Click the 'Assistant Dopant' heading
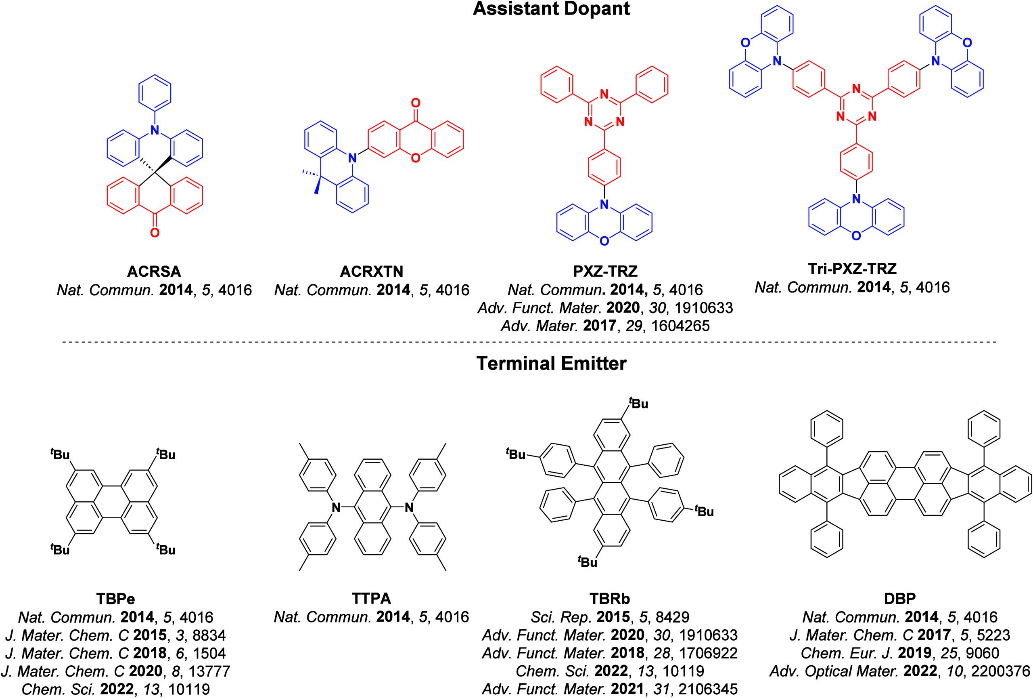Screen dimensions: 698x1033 click(x=551, y=9)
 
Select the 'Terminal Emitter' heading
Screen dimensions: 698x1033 click(x=551, y=364)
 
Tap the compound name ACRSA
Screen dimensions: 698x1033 click(x=154, y=271)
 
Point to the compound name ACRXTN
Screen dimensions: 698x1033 click(x=372, y=271)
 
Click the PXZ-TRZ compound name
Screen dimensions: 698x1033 click(x=605, y=271)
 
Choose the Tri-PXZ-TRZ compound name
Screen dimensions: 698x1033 click(x=852, y=268)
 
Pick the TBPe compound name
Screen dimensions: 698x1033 click(x=115, y=599)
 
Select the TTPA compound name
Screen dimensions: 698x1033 click(x=371, y=599)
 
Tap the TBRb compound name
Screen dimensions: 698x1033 click(x=609, y=599)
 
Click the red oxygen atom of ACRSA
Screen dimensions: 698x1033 click(x=154, y=232)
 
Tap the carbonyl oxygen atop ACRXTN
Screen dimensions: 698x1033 click(x=415, y=104)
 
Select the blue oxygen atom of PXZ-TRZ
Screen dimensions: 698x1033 click(x=603, y=241)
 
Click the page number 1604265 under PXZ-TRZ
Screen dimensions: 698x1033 click(x=680, y=326)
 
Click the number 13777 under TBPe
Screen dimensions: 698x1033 click(x=206, y=671)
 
